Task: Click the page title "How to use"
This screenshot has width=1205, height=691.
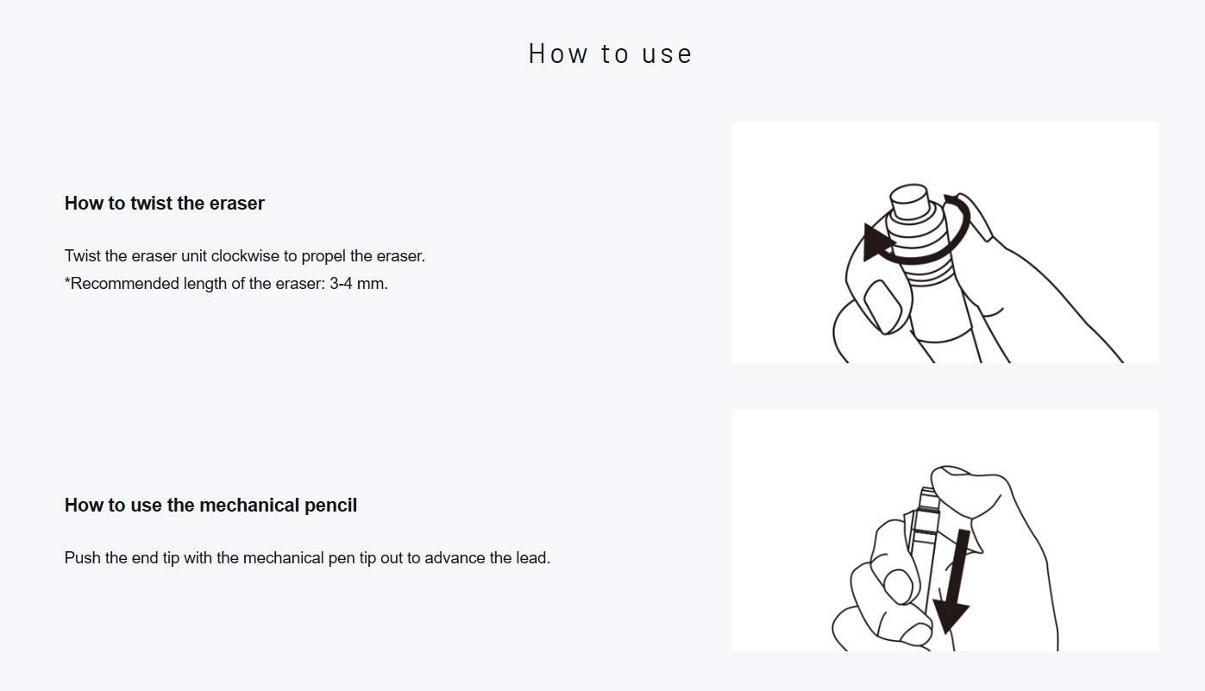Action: tap(610, 53)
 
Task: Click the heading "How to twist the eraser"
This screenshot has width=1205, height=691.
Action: tap(165, 203)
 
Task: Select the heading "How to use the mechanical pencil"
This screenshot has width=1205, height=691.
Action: tap(210, 505)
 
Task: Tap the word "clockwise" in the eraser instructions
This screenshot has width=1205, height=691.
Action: tap(245, 255)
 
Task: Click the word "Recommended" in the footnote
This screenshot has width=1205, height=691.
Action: tap(125, 283)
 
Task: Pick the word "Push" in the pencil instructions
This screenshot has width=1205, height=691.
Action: tap(82, 557)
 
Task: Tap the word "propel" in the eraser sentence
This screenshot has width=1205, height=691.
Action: tap(323, 256)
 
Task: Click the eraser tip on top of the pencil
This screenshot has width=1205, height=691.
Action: tap(909, 201)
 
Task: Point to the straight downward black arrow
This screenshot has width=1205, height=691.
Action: tap(954, 581)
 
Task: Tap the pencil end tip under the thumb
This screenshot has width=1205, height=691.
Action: tap(927, 498)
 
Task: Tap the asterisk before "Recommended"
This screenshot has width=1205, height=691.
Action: tap(67, 280)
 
